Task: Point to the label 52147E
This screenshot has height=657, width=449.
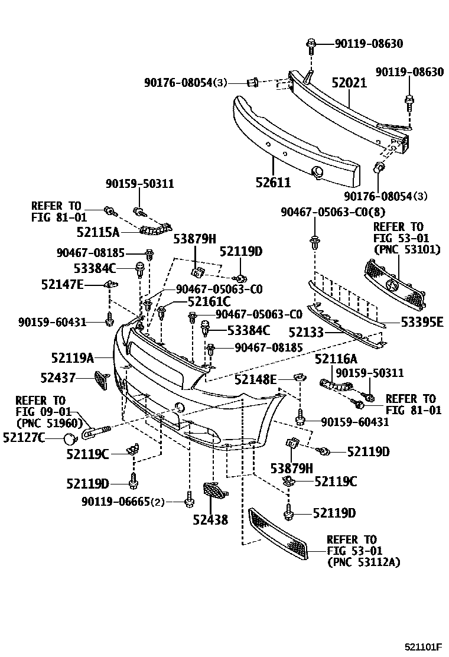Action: pyautogui.click(x=63, y=285)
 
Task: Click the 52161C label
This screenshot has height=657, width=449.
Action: pyautogui.click(x=209, y=301)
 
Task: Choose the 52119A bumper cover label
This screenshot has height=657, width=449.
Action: pyautogui.click(x=72, y=357)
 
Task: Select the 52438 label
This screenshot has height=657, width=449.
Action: pyautogui.click(x=210, y=519)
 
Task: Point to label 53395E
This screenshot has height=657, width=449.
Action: pyautogui.click(x=421, y=321)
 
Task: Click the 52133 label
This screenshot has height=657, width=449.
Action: pyautogui.click(x=306, y=333)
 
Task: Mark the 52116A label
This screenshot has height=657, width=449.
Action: pyautogui.click(x=336, y=359)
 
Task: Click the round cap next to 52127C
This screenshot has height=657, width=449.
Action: pyautogui.click(x=70, y=438)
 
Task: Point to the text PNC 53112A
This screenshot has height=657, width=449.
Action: pyautogui.click(x=363, y=562)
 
